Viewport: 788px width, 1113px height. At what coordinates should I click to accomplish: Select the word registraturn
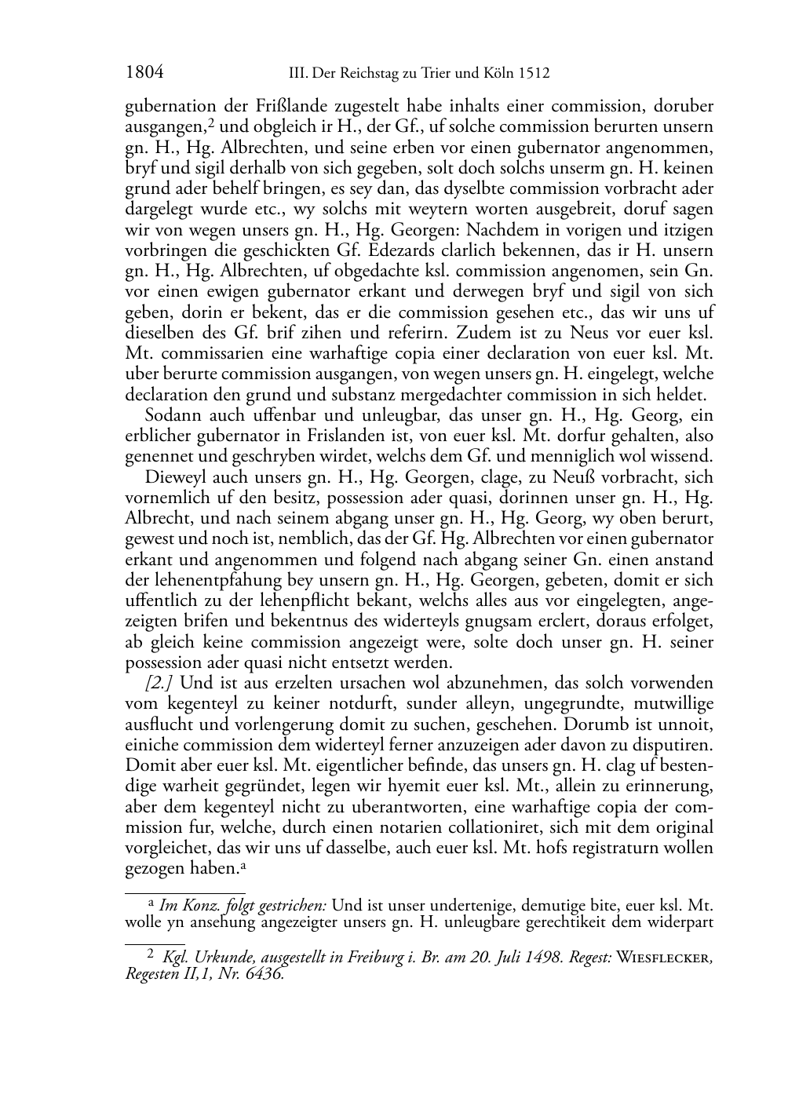(610, 848)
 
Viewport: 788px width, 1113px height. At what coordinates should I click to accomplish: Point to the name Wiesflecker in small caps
(664, 958)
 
